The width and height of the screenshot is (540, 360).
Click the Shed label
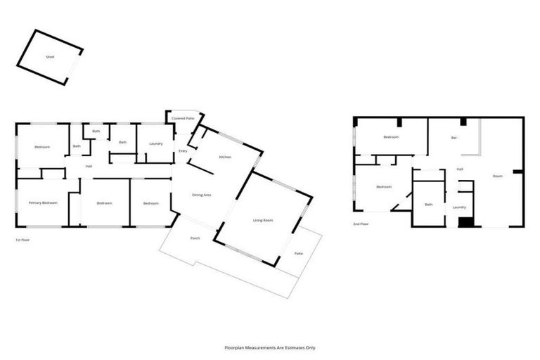point(49,56)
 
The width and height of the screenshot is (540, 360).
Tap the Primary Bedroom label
point(43,203)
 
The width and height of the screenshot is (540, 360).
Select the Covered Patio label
point(183,119)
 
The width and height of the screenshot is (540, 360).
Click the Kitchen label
point(225,157)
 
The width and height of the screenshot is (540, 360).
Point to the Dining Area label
point(202,194)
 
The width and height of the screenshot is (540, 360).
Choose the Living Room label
point(263,221)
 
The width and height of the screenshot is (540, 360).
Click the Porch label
point(195,238)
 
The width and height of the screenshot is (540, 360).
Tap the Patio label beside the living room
point(298,253)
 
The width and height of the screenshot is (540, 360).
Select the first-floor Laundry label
point(155,143)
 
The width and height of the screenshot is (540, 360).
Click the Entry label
point(183,150)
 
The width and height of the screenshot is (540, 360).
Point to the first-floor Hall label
point(89,167)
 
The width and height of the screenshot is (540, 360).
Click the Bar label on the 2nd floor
point(454,138)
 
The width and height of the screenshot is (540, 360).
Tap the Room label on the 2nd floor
point(497,176)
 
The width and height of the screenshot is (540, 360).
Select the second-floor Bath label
point(428,205)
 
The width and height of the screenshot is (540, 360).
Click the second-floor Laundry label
point(459,207)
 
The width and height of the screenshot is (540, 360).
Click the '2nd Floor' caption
point(361,225)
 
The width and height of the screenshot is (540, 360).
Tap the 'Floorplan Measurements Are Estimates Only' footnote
point(270,347)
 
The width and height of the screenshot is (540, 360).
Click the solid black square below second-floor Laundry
point(465,221)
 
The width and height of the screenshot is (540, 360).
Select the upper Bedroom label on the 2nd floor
point(391,137)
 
